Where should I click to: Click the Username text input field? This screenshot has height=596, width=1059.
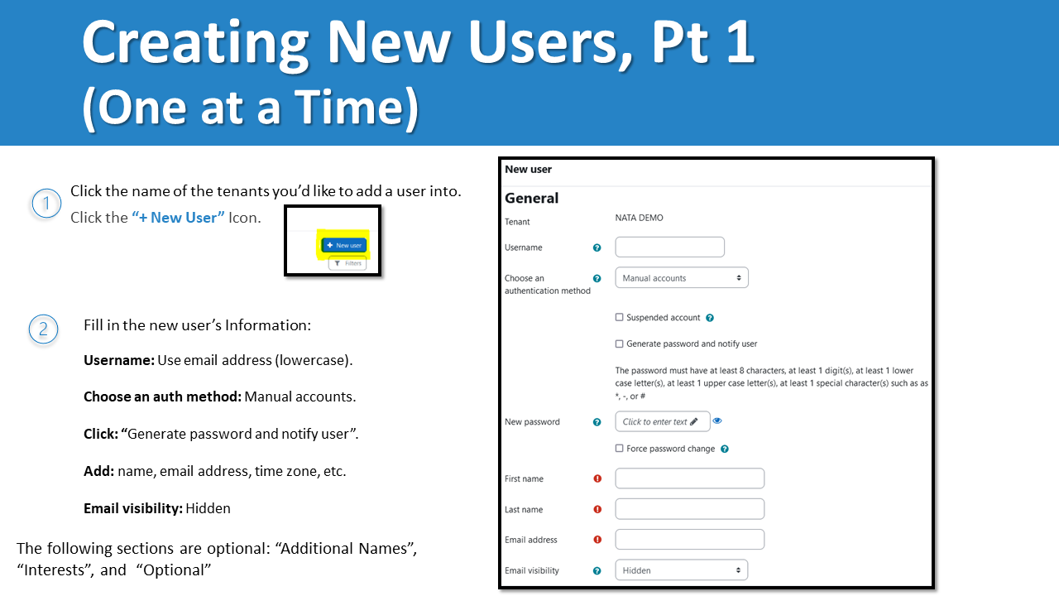tap(669, 247)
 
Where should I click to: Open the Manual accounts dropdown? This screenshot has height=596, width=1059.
tap(682, 278)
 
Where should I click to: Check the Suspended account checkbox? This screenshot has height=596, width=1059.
tap(620, 318)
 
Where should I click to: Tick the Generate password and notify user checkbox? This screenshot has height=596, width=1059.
tap(620, 344)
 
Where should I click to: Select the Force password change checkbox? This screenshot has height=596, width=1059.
tap(620, 449)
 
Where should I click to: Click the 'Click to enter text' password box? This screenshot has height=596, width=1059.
tap(662, 421)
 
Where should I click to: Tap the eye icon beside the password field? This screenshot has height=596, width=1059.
tap(717, 421)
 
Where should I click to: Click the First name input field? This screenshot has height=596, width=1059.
tap(689, 478)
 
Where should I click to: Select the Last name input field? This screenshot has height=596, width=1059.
tap(689, 509)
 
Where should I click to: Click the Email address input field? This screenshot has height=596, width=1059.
tap(689, 540)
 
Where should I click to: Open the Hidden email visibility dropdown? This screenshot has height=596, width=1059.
tap(681, 570)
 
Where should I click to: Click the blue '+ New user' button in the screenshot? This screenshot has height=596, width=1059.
tap(344, 245)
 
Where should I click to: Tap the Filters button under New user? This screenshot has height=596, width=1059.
tap(347, 263)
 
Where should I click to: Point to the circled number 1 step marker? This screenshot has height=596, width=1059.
tap(46, 203)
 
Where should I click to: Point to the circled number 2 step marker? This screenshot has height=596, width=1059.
tap(44, 329)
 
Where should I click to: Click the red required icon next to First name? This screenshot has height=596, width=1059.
tap(597, 478)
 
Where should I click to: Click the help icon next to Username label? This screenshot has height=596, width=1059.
tap(597, 248)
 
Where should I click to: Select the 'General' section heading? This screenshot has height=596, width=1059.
tap(531, 198)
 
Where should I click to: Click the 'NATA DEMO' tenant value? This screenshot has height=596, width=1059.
tap(639, 218)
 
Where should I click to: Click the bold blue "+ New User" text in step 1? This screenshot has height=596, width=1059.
tap(178, 218)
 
